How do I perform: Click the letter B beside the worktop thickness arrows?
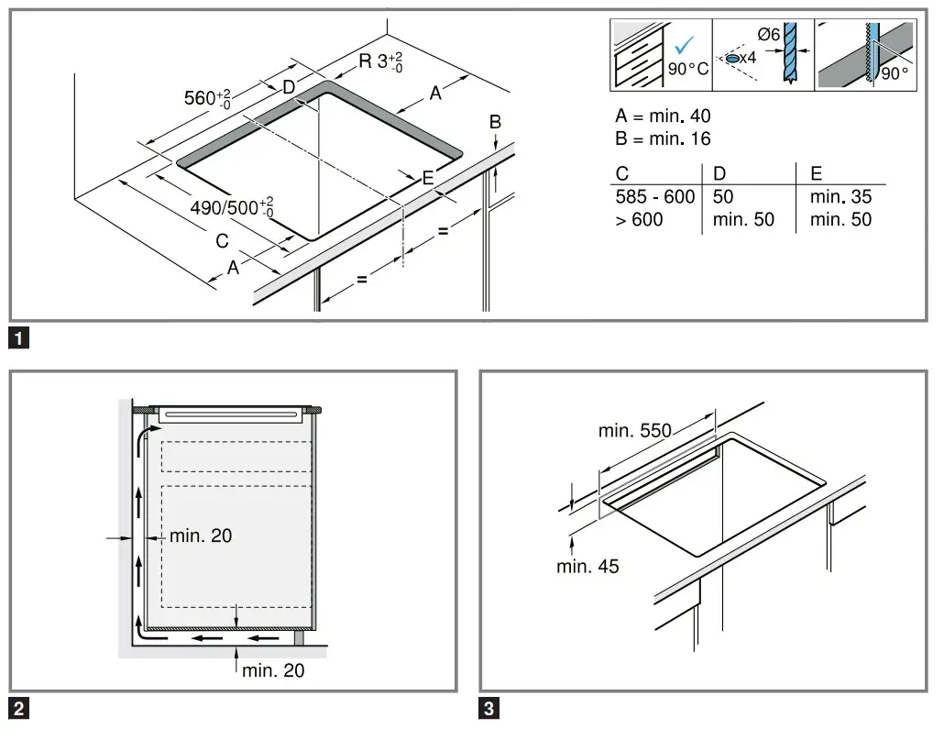(x=495, y=122)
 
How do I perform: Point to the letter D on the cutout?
(x=288, y=88)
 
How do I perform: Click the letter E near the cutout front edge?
(x=428, y=179)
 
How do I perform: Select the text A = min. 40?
(x=663, y=116)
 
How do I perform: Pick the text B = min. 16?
(x=663, y=139)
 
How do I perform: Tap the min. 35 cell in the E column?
(x=840, y=197)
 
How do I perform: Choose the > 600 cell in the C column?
(x=640, y=219)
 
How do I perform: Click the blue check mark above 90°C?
(x=683, y=46)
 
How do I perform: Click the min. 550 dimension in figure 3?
(x=634, y=430)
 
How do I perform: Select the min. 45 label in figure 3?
(x=587, y=567)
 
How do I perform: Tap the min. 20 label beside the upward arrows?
(x=201, y=536)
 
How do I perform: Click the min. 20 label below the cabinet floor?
(x=273, y=671)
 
